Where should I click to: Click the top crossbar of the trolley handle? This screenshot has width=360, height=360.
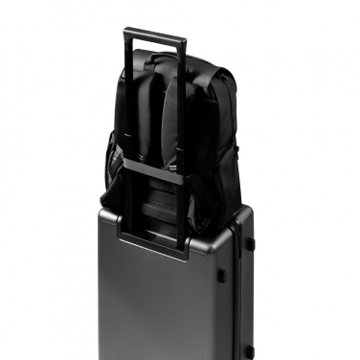coord(153,35)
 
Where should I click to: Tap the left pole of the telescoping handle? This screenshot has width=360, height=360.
coord(127,115)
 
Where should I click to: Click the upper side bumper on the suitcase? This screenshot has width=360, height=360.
coord(250,243)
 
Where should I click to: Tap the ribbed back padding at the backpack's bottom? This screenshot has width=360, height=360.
coord(158,201)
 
